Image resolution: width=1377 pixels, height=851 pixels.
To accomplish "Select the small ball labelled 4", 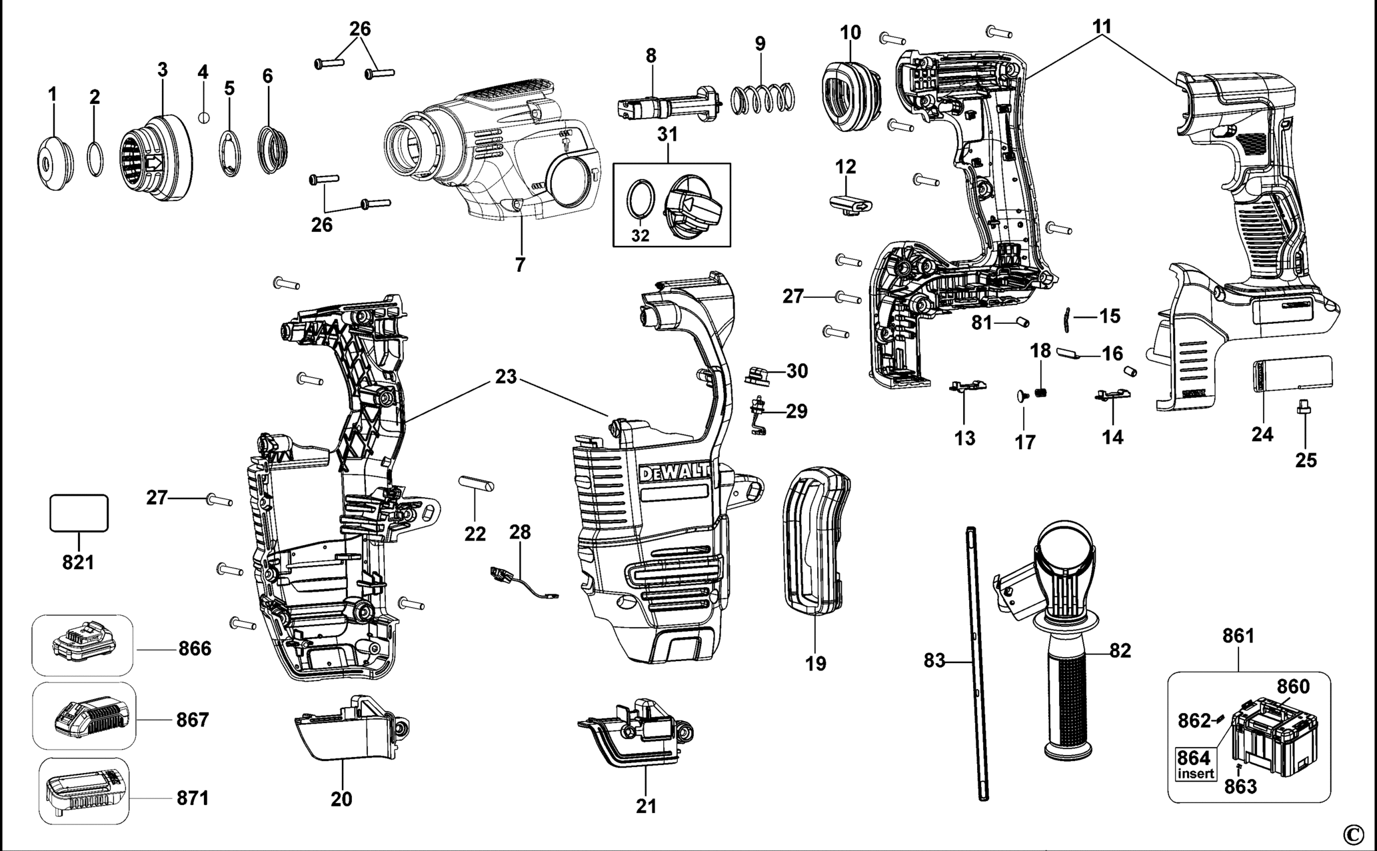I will pos(205,117).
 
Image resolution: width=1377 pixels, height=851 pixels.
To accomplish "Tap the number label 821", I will pos(78,562).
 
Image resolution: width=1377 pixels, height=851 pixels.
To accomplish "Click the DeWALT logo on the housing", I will pos(675,472).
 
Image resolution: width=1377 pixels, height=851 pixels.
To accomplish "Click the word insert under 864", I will pos(1196,774).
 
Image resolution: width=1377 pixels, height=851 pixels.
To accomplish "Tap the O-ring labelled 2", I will pos(95,160).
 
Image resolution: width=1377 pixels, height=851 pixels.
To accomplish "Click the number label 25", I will pos(1306,460).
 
